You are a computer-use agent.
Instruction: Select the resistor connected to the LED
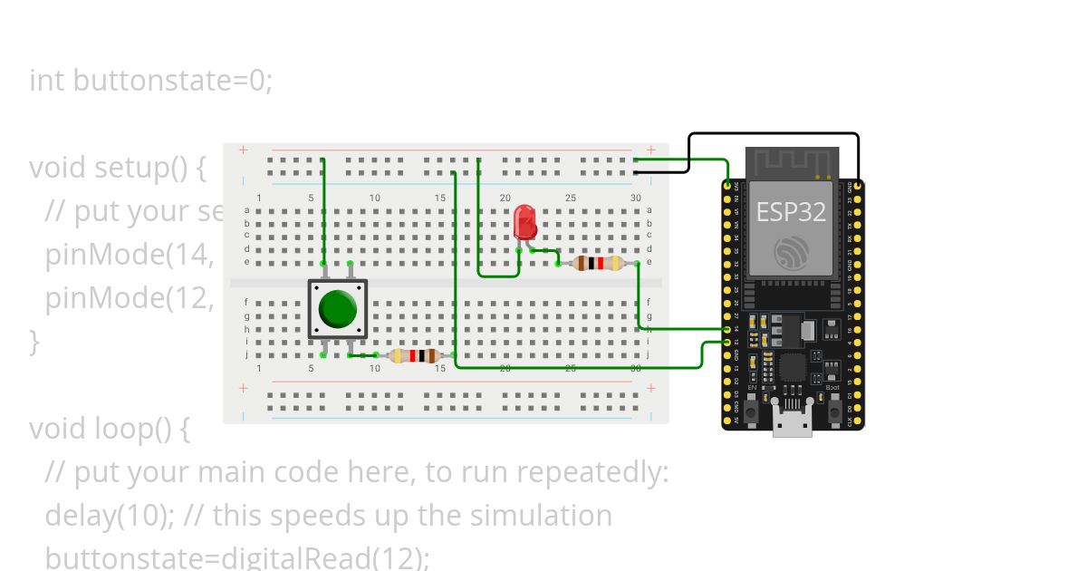599,264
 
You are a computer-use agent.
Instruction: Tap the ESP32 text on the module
791,211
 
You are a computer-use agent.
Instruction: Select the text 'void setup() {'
118,168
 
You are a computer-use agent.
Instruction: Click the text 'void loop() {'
109,428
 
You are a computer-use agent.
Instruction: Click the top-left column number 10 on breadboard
375,198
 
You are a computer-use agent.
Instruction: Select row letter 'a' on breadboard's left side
247,210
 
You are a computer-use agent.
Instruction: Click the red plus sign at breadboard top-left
243,150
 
